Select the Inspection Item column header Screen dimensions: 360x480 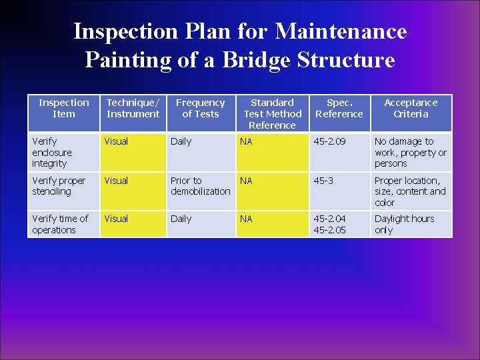tap(63, 108)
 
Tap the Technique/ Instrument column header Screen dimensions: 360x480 tap(133, 108)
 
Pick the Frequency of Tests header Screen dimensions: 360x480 tap(200, 108)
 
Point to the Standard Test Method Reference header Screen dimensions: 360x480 tap(272, 113)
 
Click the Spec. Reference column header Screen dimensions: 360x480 tap(339, 108)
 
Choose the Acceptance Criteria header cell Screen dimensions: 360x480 tap(411, 108)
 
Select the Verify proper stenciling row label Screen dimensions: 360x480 tap(59, 186)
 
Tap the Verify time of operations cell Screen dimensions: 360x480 tap(59, 224)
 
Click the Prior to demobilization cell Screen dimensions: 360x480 tap(200, 186)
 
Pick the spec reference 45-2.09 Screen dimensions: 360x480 tap(331, 141)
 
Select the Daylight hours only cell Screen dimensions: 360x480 tap(404, 224)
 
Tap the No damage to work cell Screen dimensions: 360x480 tap(410, 152)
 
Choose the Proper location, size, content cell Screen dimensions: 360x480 tap(410, 191)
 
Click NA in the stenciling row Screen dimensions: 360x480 tap(246, 181)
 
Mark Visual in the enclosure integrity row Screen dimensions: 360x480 tap(116, 141)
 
